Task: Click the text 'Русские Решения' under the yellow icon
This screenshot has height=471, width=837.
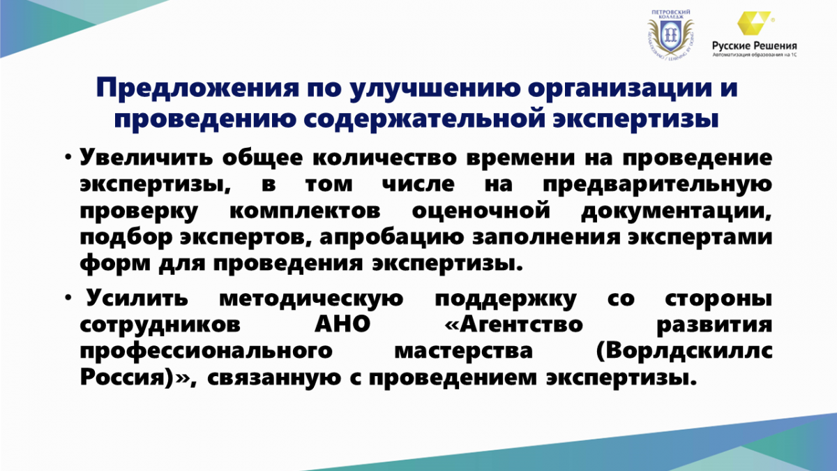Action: click(755, 46)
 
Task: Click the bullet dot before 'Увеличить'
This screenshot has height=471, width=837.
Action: click(68, 157)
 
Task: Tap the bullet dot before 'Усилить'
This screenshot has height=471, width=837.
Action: click(68, 297)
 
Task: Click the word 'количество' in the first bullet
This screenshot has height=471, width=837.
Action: click(384, 158)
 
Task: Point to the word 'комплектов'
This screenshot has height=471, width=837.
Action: click(305, 211)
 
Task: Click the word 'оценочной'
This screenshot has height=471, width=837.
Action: click(481, 211)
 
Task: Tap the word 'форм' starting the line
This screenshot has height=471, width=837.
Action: click(115, 264)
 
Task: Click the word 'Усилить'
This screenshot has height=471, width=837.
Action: click(137, 299)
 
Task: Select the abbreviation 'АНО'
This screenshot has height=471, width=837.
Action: click(342, 324)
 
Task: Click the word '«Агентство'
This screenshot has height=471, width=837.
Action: click(514, 324)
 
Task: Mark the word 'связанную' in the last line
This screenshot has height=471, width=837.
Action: click(274, 378)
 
